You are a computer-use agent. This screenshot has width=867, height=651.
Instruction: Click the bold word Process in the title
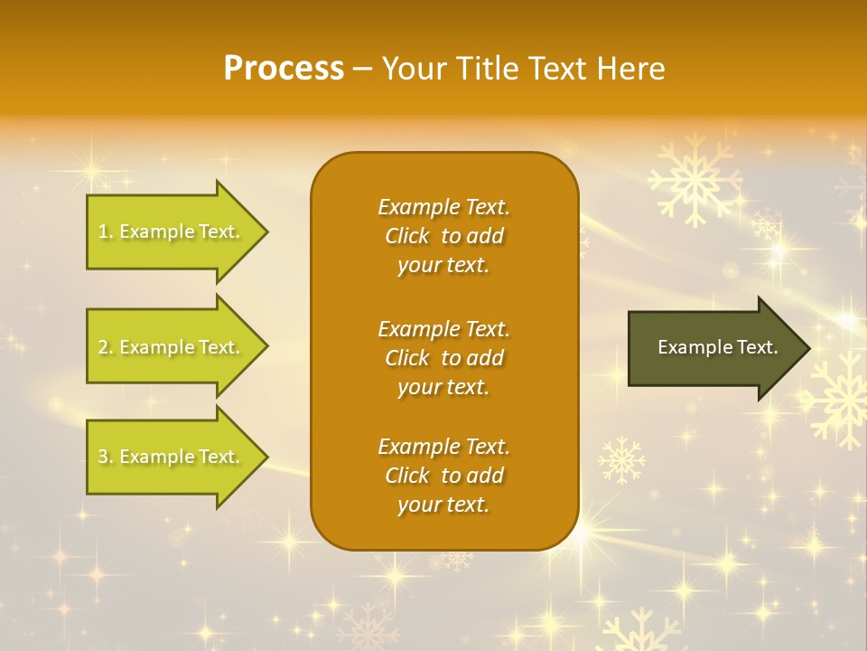pyautogui.click(x=284, y=69)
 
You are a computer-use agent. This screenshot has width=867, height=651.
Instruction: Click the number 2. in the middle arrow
pyautogui.click(x=105, y=347)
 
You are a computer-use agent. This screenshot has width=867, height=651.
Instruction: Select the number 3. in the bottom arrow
pyautogui.click(x=105, y=457)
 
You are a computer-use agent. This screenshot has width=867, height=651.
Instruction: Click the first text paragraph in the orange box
pyautogui.click(x=443, y=236)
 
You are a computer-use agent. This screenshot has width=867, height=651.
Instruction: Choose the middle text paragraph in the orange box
pyautogui.click(x=443, y=358)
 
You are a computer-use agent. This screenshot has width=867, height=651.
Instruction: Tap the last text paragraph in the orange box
pyautogui.click(x=443, y=476)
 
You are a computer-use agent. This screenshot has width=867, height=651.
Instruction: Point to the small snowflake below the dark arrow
pyautogui.click(x=622, y=460)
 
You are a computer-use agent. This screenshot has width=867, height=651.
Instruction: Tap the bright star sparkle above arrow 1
pyautogui.click(x=90, y=170)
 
